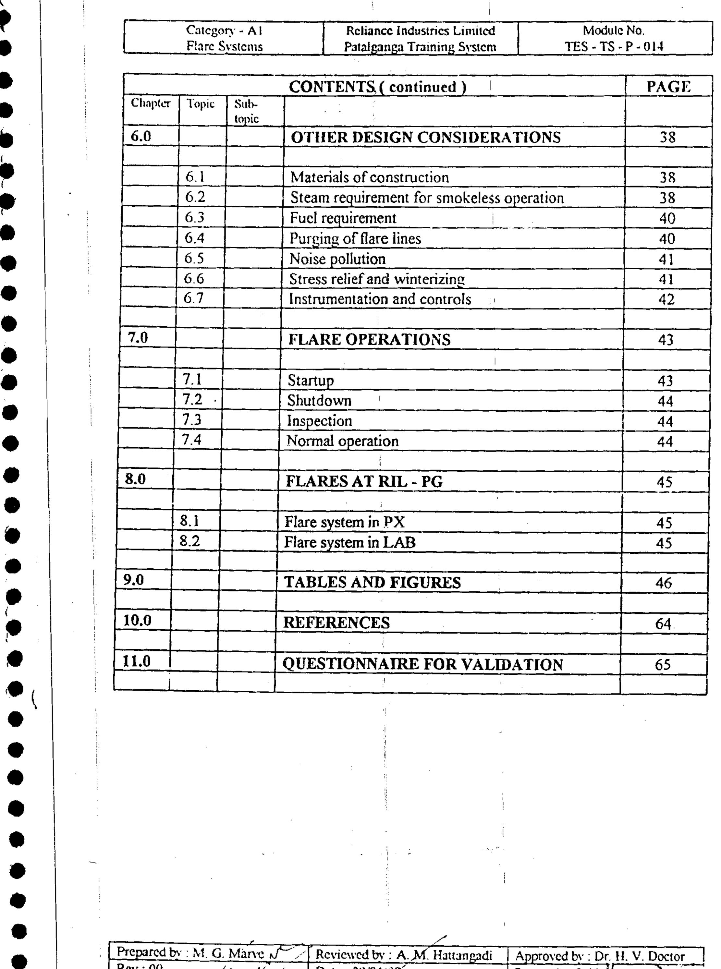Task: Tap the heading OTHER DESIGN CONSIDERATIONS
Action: tap(425, 138)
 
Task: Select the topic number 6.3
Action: tap(195, 217)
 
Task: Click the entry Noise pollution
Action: tap(337, 259)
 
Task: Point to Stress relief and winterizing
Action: tap(377, 279)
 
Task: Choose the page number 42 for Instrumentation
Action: tap(666, 300)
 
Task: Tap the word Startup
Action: tap(310, 381)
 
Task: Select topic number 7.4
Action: tap(191, 440)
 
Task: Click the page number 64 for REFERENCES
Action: tap(663, 624)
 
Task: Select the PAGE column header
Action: tap(668, 87)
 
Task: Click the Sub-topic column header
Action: tap(247, 111)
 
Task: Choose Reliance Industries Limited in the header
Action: tap(420, 31)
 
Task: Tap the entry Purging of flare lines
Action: tap(355, 239)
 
